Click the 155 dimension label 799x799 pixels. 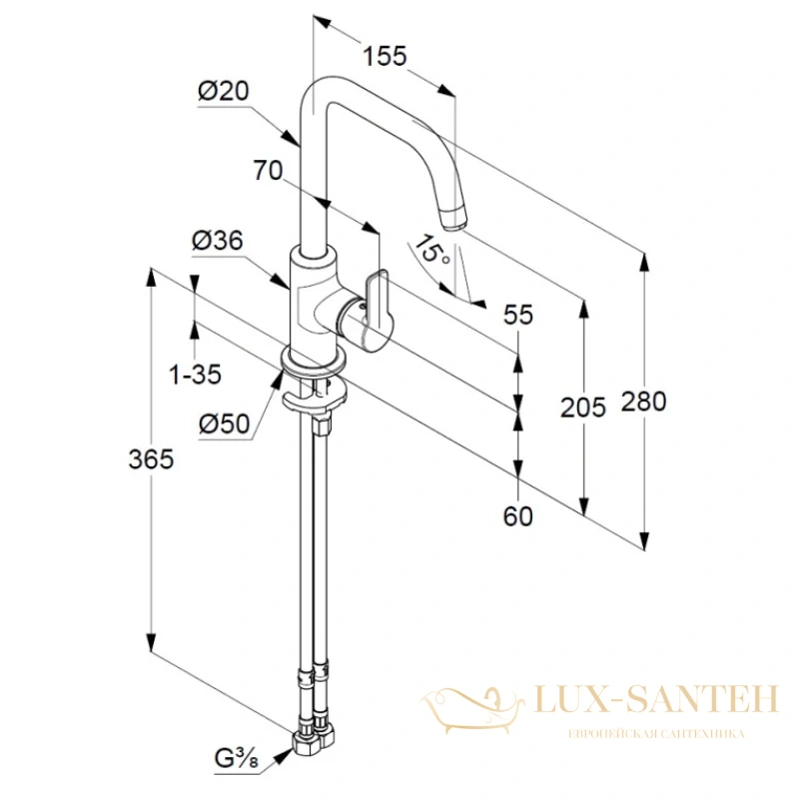(385, 56)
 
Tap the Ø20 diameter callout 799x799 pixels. (223, 91)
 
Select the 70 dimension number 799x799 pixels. (268, 170)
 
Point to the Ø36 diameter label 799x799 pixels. (218, 241)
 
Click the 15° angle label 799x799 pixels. (431, 250)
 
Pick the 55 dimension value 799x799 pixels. (518, 315)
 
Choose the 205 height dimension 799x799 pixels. (583, 407)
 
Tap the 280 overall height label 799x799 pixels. (643, 401)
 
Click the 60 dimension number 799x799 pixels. (518, 516)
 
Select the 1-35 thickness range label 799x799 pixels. (195, 376)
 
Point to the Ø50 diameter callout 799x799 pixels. (225, 423)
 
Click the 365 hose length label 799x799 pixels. (151, 459)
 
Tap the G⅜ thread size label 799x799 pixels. (237, 760)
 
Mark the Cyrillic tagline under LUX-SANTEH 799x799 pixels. (656, 734)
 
